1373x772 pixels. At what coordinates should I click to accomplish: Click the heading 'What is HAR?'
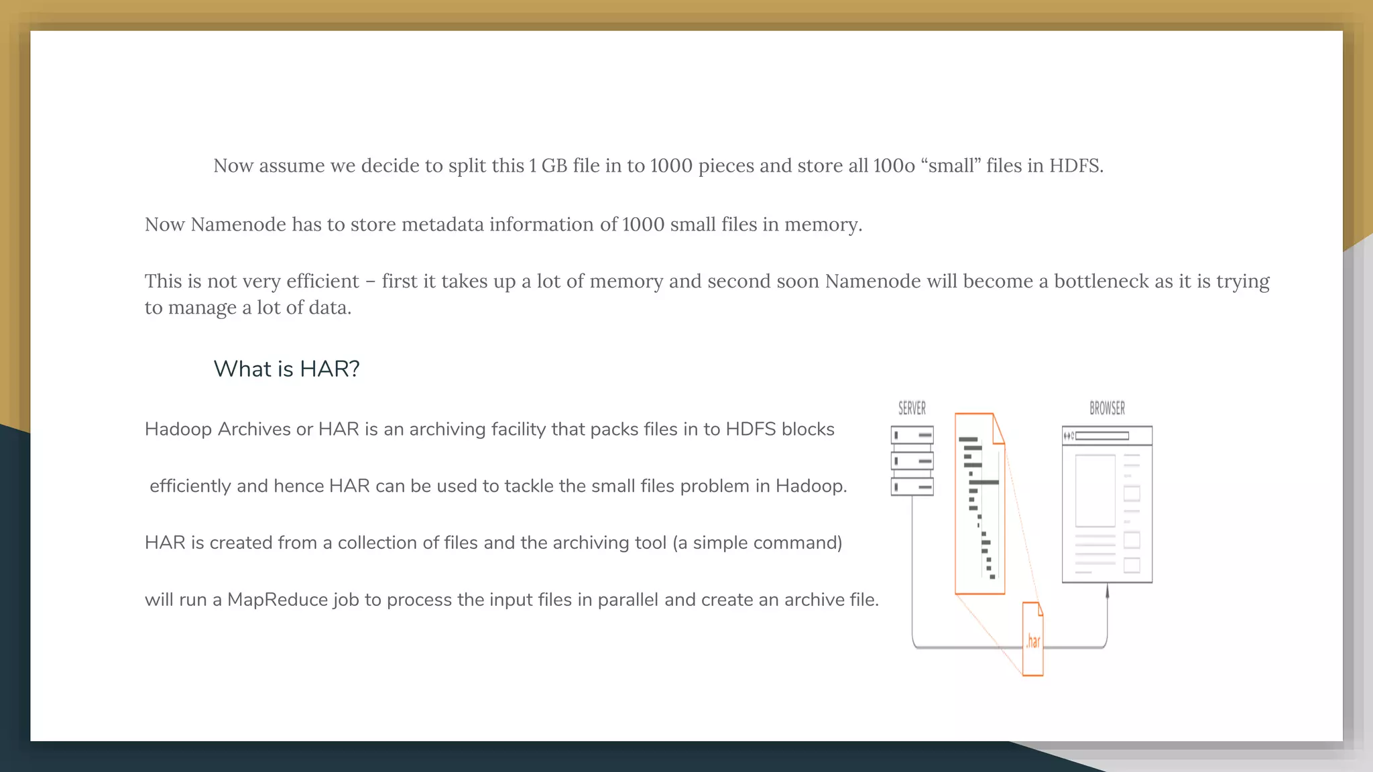(x=286, y=369)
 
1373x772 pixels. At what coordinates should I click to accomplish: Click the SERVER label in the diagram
(x=912, y=408)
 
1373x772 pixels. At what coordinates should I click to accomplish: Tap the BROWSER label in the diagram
(x=1107, y=408)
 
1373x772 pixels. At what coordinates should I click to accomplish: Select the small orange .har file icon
(x=1032, y=639)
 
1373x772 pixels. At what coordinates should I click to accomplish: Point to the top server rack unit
(x=912, y=436)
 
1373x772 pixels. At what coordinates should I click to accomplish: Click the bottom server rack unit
(x=912, y=487)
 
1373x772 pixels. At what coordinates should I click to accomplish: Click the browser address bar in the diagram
(x=1102, y=436)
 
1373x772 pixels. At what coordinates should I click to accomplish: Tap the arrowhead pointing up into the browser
(x=1107, y=590)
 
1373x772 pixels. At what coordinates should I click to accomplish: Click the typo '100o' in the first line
(x=894, y=166)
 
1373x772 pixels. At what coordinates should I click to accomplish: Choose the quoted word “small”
(x=950, y=166)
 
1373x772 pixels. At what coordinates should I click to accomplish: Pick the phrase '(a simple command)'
(x=757, y=543)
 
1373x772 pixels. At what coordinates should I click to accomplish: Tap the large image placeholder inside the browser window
(x=1095, y=491)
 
